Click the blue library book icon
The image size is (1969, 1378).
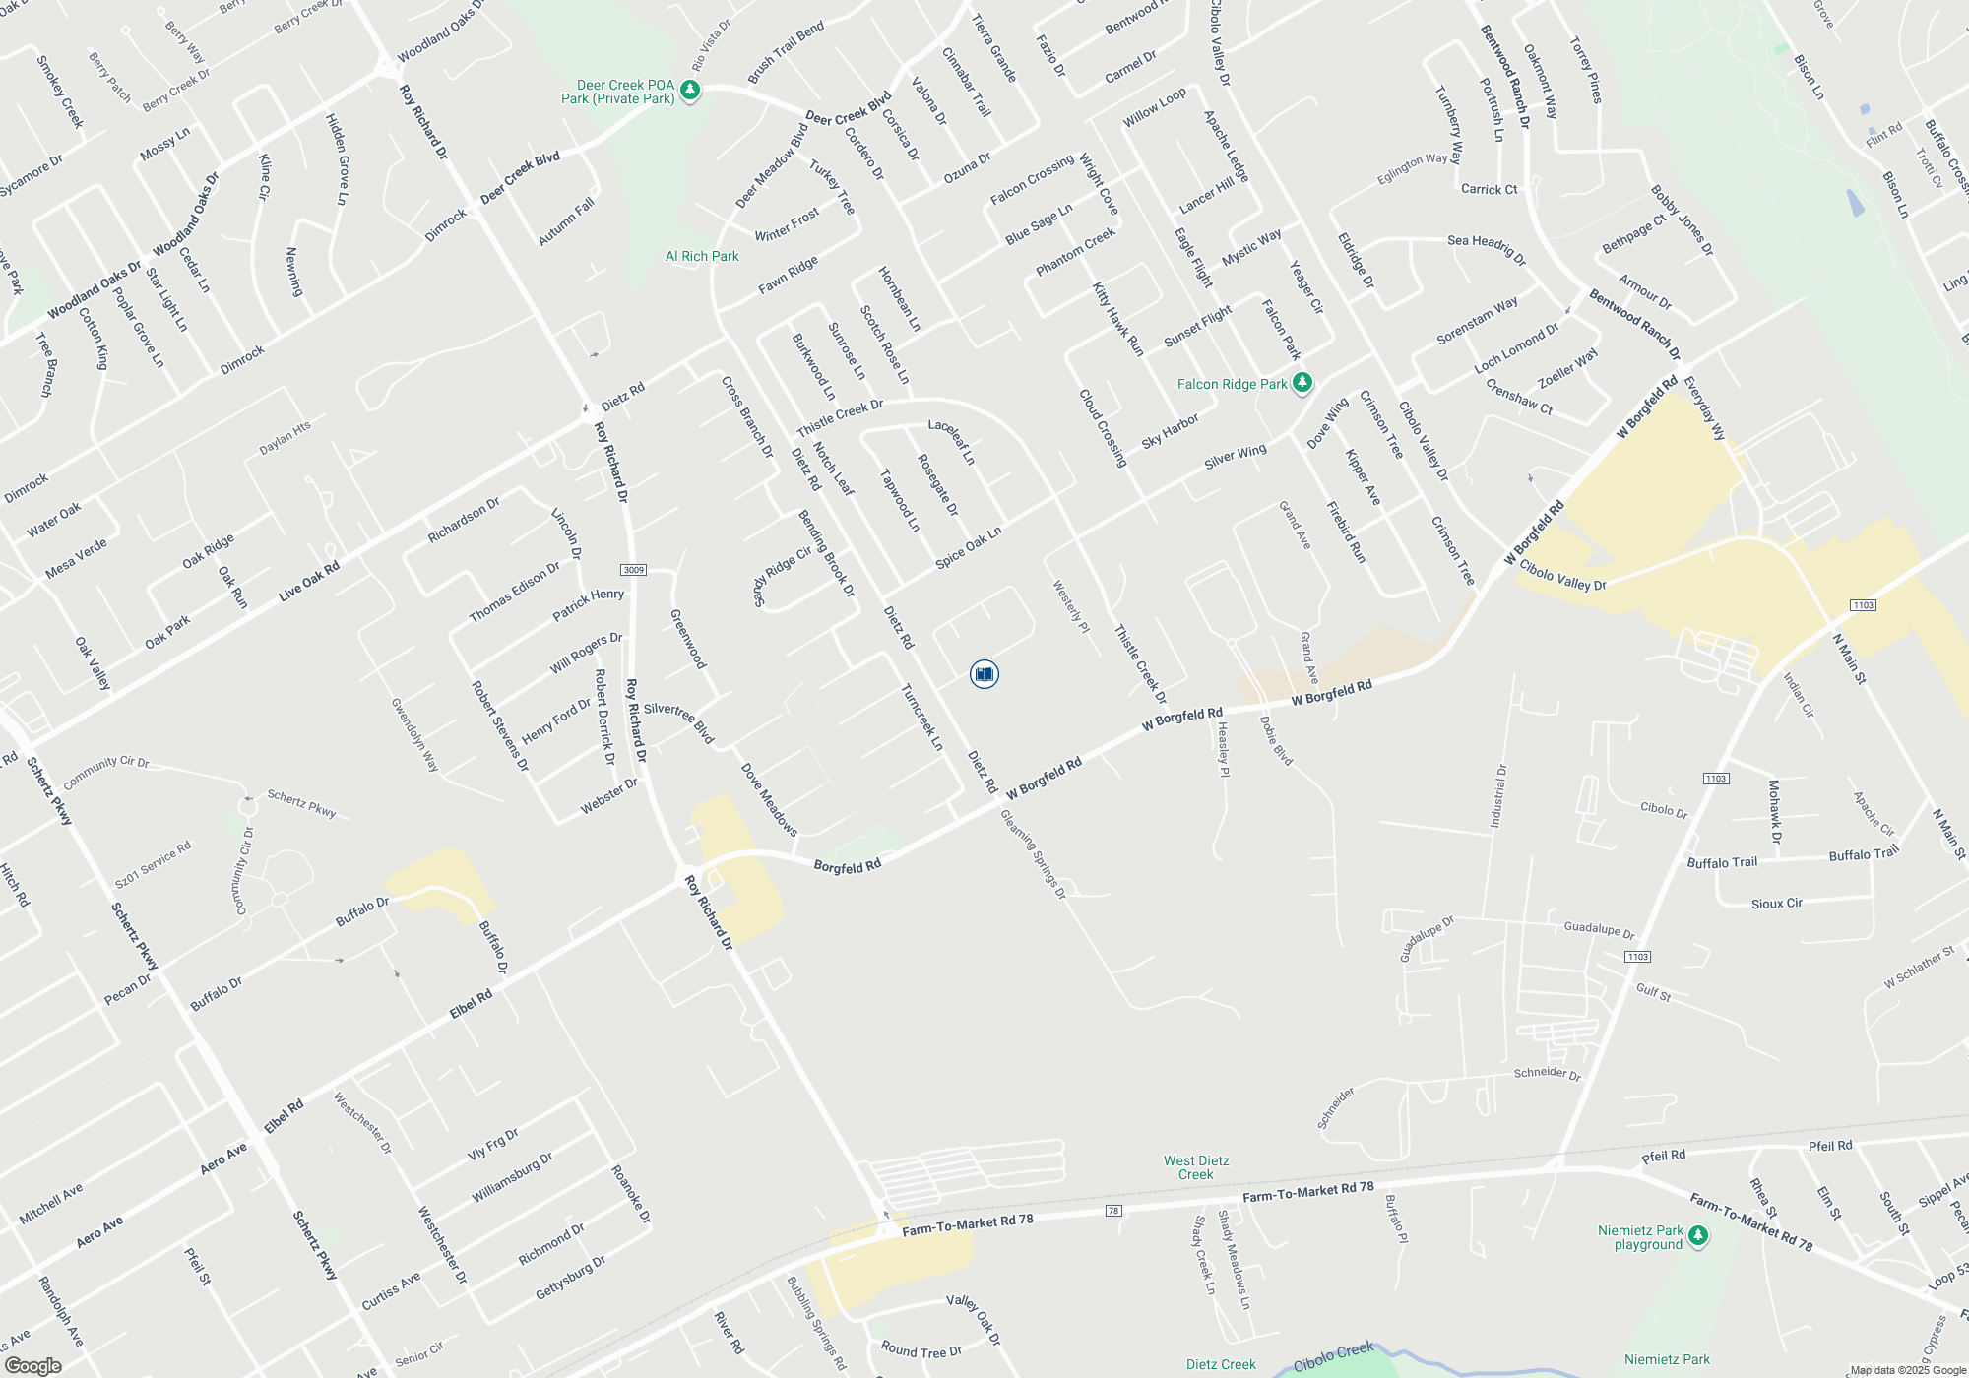click(x=984, y=673)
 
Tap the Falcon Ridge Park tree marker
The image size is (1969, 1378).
click(x=1302, y=383)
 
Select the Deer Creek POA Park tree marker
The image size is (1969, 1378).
click(x=690, y=91)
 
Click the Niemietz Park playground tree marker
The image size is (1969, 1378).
click(x=1697, y=1236)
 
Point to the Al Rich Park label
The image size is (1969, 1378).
click(x=702, y=256)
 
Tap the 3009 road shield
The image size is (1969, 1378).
click(x=633, y=570)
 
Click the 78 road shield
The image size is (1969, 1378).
click(x=1113, y=1210)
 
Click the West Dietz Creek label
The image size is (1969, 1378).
click(x=1195, y=1167)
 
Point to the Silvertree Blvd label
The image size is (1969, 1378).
click(x=678, y=721)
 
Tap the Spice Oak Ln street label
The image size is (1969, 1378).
click(x=968, y=547)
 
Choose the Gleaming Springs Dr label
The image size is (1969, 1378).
click(x=1033, y=853)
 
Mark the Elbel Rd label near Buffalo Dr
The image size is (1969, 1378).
click(x=471, y=1005)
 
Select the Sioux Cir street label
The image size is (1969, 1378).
click(x=1776, y=903)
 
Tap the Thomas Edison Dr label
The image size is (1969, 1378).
click(x=514, y=592)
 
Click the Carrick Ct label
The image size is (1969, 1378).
click(x=1489, y=189)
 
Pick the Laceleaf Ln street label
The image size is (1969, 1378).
click(x=951, y=442)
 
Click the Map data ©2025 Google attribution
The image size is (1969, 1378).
click(x=1907, y=1370)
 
